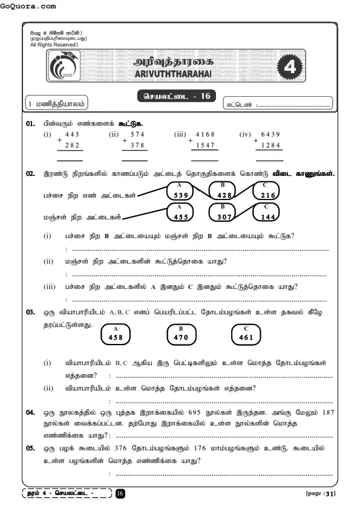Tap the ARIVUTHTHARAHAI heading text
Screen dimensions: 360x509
pyautogui.click(x=172, y=73)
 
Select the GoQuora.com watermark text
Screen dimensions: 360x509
pyautogui.click(x=29, y=6)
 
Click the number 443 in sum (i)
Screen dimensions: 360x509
pyautogui.click(x=73, y=134)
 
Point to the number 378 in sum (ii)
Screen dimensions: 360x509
pyautogui.click(x=137, y=145)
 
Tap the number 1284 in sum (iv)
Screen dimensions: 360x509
pyautogui.click(x=270, y=145)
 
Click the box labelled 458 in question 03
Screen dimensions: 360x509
pyautogui.click(x=116, y=334)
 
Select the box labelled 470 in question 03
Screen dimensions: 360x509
pyautogui.click(x=181, y=334)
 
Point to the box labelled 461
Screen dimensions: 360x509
pyautogui.click(x=246, y=334)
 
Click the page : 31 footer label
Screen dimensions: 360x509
pyautogui.click(x=321, y=494)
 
